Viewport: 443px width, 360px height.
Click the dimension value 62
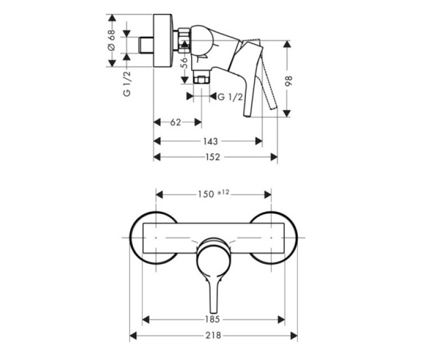176,122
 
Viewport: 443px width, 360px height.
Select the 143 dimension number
209,141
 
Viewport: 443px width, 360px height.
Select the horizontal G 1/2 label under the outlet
230,97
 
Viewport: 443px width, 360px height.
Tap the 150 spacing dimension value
205,194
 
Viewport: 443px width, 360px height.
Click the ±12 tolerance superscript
223,192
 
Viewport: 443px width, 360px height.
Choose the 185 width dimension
213,319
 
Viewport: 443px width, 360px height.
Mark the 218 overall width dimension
213,336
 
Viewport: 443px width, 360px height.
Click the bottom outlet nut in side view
201,78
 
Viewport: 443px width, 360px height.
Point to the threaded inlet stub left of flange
146,44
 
